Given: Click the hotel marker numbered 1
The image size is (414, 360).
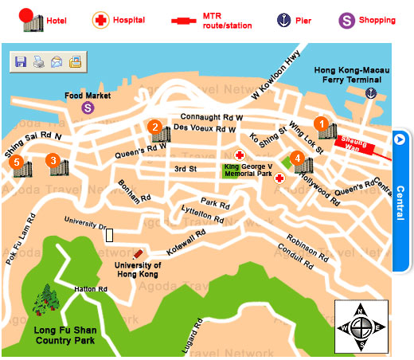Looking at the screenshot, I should coord(322,123).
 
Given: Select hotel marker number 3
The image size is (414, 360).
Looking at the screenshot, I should coord(53,160).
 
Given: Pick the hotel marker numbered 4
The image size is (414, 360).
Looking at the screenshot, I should coord(298,158).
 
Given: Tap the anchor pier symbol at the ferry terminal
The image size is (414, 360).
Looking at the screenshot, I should coord(370,93).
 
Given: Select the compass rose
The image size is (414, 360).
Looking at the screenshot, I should coord(361,327).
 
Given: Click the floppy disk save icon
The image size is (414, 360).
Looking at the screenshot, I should coord(21,61).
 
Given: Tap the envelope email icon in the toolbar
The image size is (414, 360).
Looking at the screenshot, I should coord(57,61).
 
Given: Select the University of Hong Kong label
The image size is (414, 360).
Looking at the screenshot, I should coord(138,269).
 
